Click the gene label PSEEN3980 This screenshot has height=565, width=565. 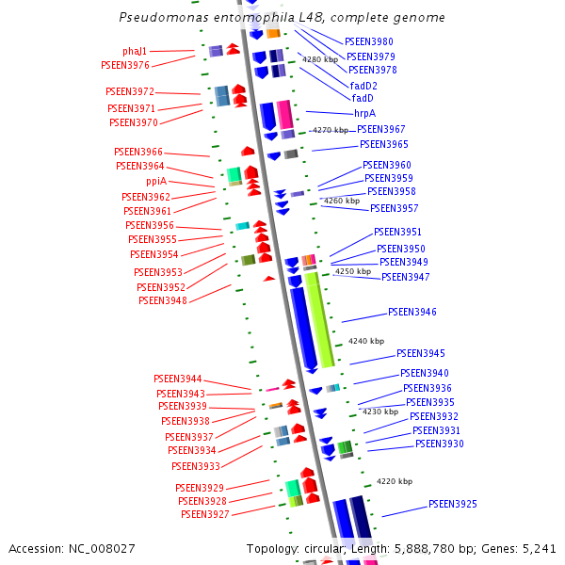(369, 41)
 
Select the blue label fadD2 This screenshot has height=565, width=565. (363, 86)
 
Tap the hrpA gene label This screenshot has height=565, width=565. (364, 113)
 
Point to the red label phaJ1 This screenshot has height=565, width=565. (135, 51)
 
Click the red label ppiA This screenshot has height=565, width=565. (156, 181)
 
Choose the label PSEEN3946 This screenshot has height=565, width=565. (412, 312)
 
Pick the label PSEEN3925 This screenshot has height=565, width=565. (453, 504)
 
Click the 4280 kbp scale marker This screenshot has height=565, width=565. (319, 59)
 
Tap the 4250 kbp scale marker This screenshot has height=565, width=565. (353, 271)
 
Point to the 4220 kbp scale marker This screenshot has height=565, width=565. (395, 481)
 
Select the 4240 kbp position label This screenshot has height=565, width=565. (366, 341)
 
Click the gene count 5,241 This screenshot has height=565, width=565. (539, 548)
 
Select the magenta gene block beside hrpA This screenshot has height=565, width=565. (284, 114)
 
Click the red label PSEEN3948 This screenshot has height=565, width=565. (163, 300)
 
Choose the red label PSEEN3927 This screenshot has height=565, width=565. (205, 514)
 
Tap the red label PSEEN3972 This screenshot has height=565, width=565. (130, 91)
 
